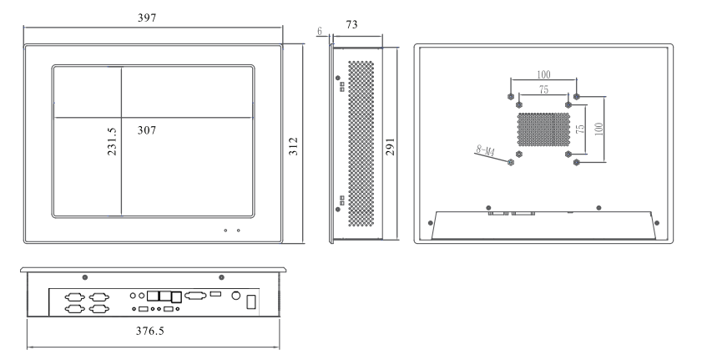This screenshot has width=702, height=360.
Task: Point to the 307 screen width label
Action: click(147, 130)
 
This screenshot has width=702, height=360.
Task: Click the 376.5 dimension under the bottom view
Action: click(154, 331)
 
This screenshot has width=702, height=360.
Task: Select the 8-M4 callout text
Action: click(484, 150)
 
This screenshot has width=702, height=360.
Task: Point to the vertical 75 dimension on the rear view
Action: click(581, 129)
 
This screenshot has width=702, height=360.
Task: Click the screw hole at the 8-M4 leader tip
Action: click(510, 162)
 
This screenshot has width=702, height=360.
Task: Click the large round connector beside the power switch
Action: click(235, 295)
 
